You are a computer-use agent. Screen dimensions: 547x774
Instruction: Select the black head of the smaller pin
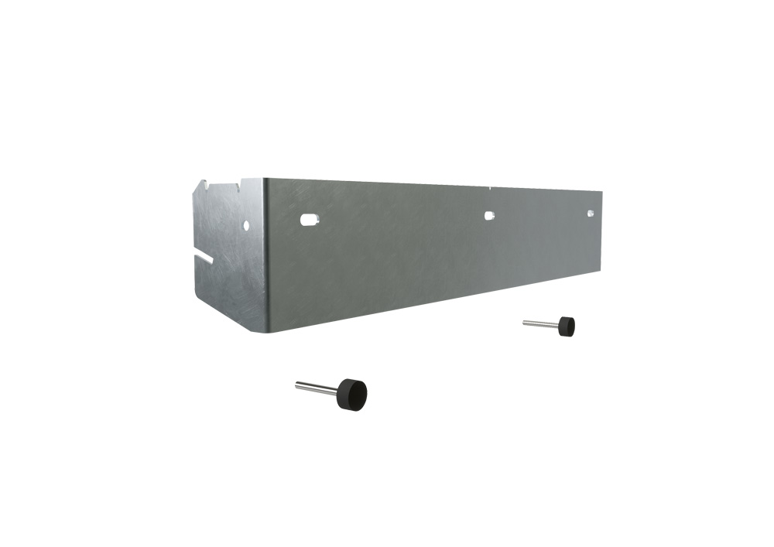tap(567, 325)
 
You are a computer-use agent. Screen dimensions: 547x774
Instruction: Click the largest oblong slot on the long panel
tap(308, 220)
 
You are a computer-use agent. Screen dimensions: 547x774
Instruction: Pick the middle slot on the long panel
tap(489, 216)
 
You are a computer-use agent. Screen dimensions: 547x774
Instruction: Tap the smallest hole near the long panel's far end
tap(591, 213)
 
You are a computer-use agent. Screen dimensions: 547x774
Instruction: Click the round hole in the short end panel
tap(246, 225)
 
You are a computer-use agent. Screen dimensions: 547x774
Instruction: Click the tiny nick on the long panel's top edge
tap(491, 187)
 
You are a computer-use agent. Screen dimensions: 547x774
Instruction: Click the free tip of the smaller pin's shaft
tap(524, 322)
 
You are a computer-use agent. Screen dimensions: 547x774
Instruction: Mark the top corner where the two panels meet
tap(263, 179)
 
